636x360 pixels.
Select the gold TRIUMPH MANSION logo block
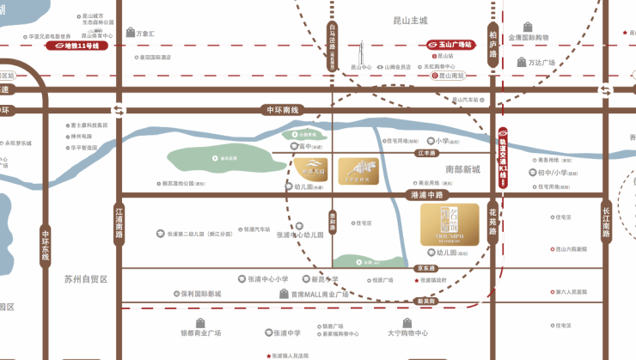coord(449,223)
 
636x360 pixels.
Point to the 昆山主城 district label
coord(404,19)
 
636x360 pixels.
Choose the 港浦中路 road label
coord(422,196)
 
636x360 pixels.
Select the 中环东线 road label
coord(46,245)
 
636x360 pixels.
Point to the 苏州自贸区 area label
coord(85,279)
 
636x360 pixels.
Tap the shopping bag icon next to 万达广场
coord(521,62)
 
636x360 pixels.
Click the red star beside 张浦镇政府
coord(414,280)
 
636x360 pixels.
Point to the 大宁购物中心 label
coord(407,332)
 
